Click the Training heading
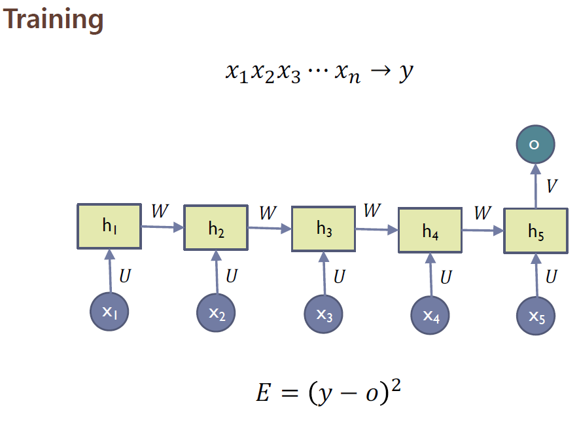tap(53, 20)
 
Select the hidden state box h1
tap(109, 227)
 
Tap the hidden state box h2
tap(216, 228)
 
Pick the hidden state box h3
tap(323, 229)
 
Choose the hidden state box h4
tap(430, 231)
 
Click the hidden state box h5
tap(535, 231)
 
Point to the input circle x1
tap(109, 313)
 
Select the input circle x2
tap(217, 314)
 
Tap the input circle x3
tap(324, 315)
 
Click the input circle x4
tap(430, 316)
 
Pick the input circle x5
tap(536, 317)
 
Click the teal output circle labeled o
tap(535, 144)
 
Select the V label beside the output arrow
tap(552, 186)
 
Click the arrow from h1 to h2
tap(162, 227)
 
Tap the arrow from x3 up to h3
tap(324, 274)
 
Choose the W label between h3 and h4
tap(372, 211)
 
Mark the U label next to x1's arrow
tap(124, 276)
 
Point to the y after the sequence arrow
tap(406, 72)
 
